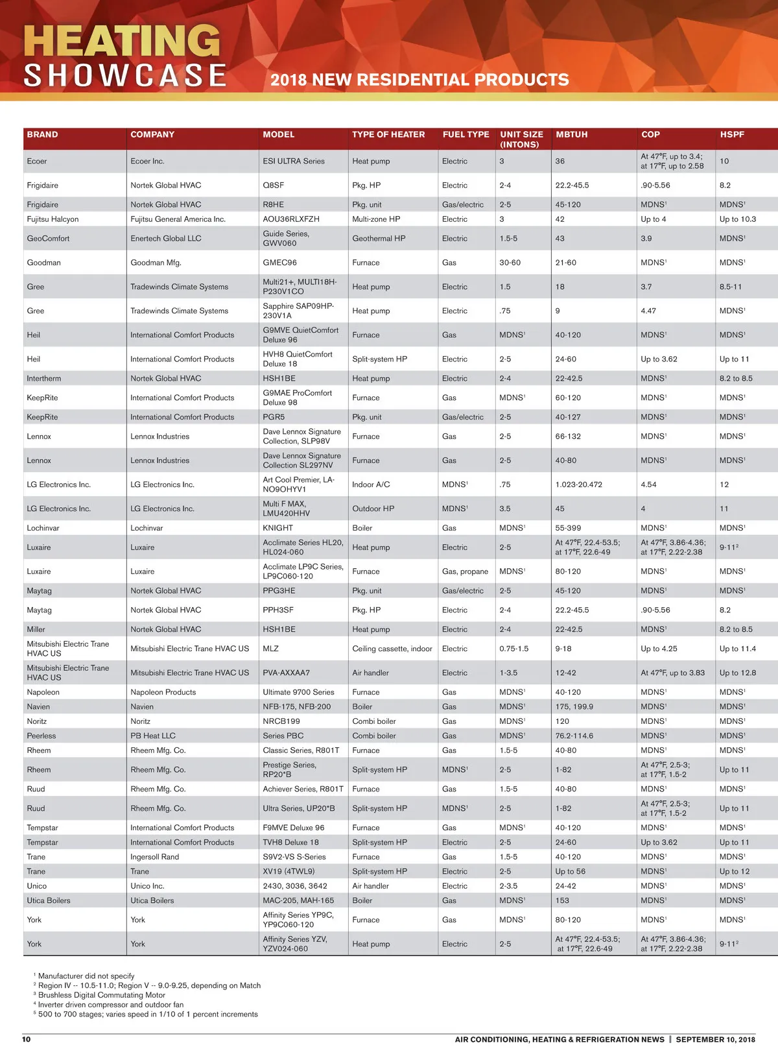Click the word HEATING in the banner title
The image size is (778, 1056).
(122, 41)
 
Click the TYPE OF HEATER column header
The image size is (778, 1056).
(388, 134)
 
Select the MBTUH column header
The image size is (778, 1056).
(571, 134)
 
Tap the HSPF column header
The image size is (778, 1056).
(732, 134)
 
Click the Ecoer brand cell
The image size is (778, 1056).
(37, 162)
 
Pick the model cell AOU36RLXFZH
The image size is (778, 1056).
(291, 219)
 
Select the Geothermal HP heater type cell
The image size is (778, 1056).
(379, 239)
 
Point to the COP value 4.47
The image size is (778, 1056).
(648, 311)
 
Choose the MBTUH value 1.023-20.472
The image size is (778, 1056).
(579, 485)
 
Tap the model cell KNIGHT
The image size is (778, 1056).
(278, 528)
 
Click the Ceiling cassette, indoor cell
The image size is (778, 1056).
(392, 649)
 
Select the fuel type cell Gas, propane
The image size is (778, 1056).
(465, 571)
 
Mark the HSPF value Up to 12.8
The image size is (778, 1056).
(738, 673)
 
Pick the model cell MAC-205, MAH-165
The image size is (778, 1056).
(298, 900)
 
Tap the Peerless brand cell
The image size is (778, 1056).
(41, 736)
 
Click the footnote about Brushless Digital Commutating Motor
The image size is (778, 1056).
(101, 995)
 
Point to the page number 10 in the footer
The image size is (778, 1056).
(27, 1039)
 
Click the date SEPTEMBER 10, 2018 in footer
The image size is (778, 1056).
(715, 1039)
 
